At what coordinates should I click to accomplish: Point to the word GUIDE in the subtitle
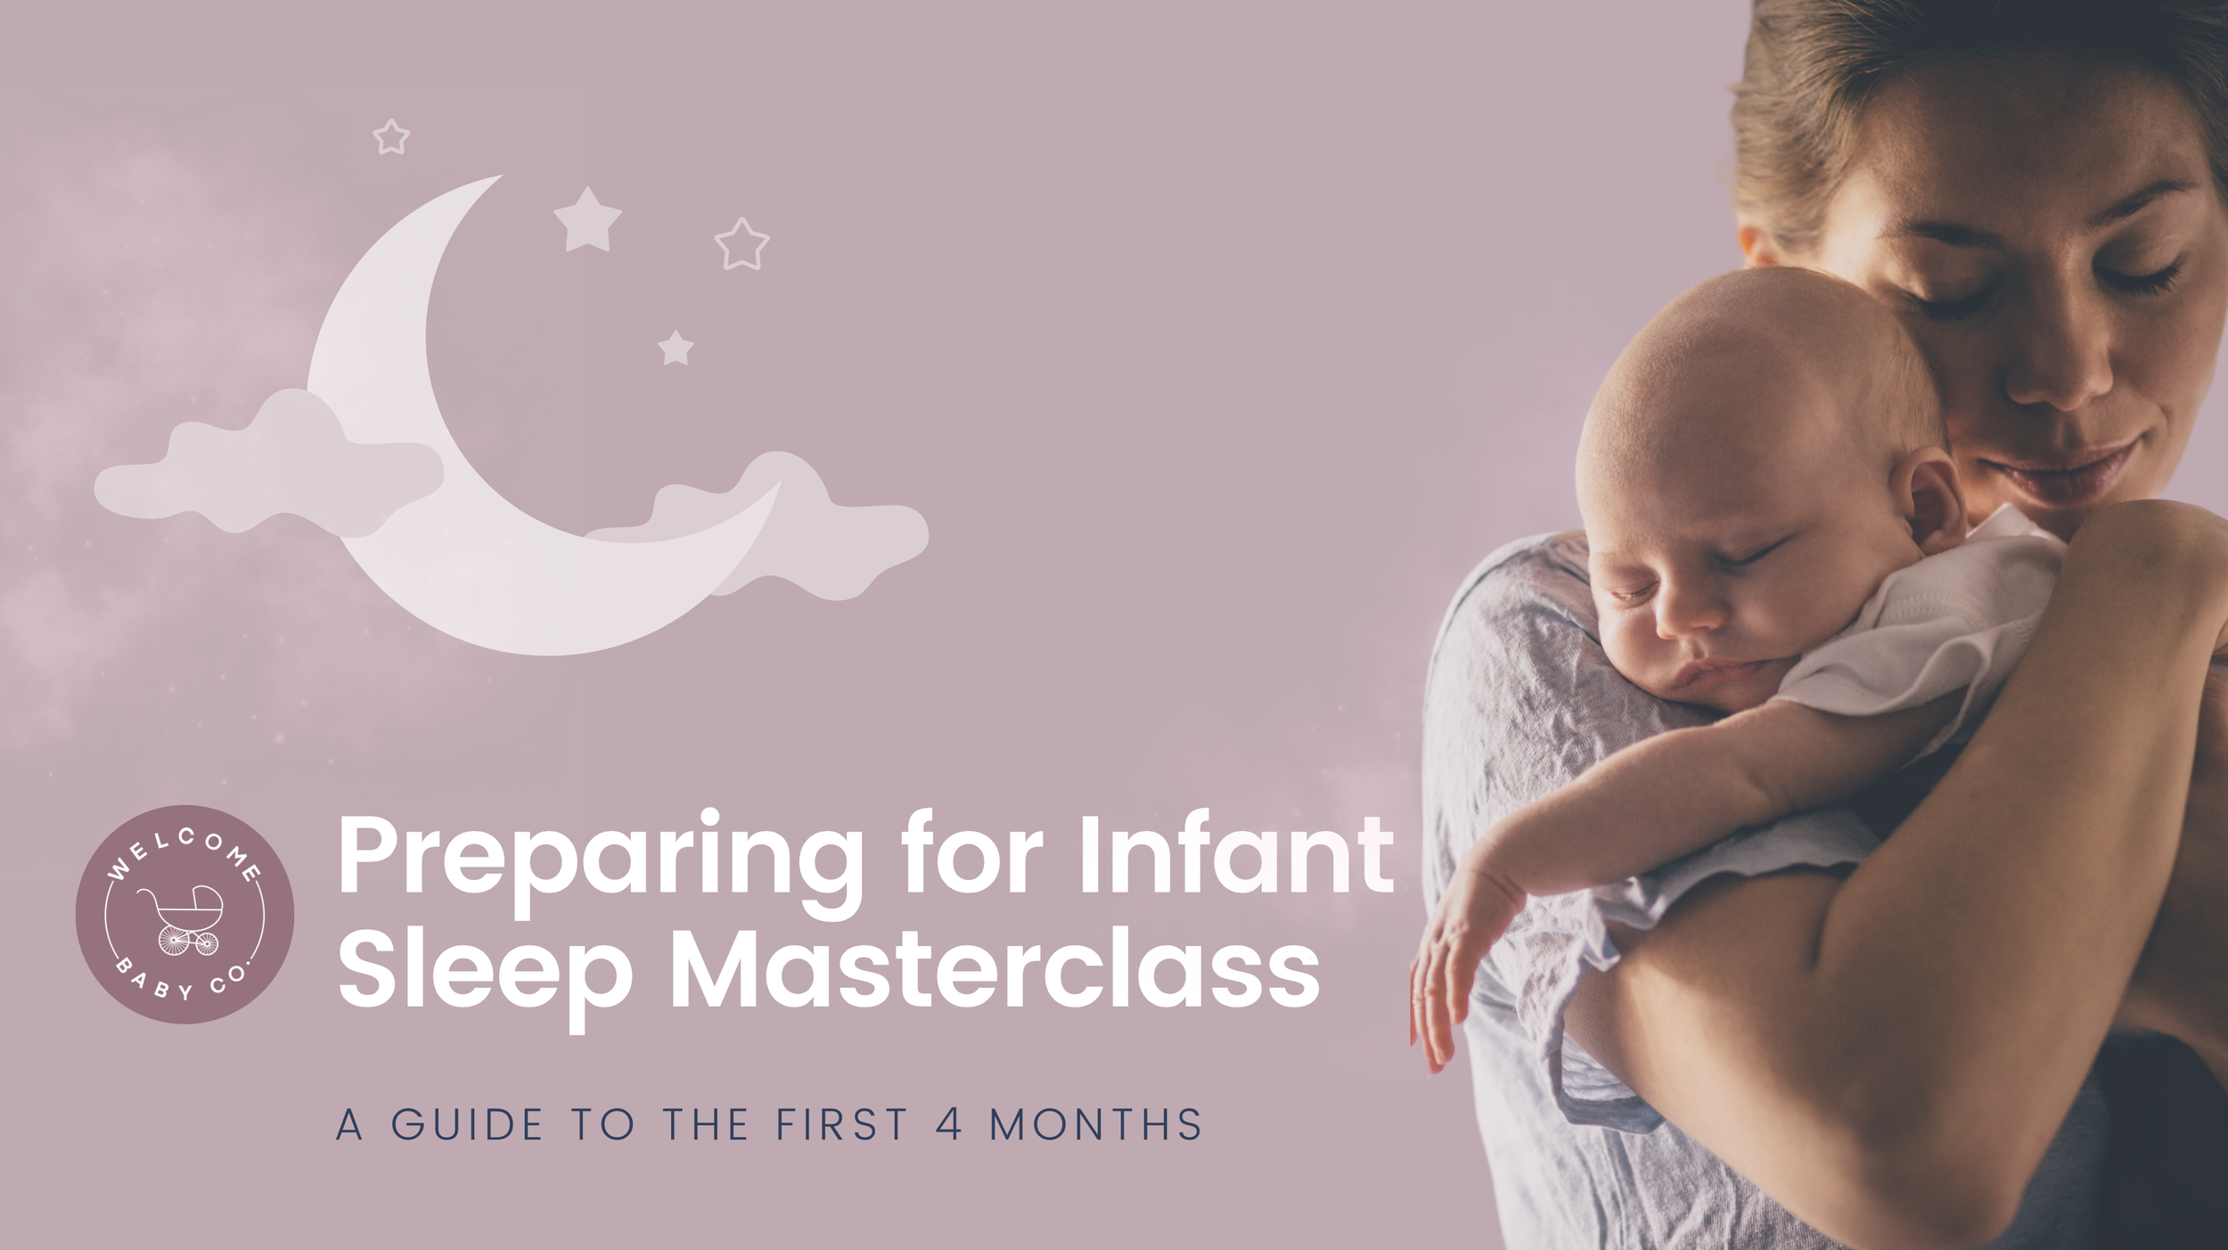(x=467, y=1124)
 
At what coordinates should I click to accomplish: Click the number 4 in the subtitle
(x=949, y=1124)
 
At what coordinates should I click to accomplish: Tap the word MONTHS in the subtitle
(x=1096, y=1124)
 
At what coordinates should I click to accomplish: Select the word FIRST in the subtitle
(x=842, y=1124)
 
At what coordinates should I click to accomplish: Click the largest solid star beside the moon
(x=587, y=219)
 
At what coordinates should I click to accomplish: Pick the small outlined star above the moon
(x=390, y=137)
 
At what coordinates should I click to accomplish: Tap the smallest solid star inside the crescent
(x=676, y=348)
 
